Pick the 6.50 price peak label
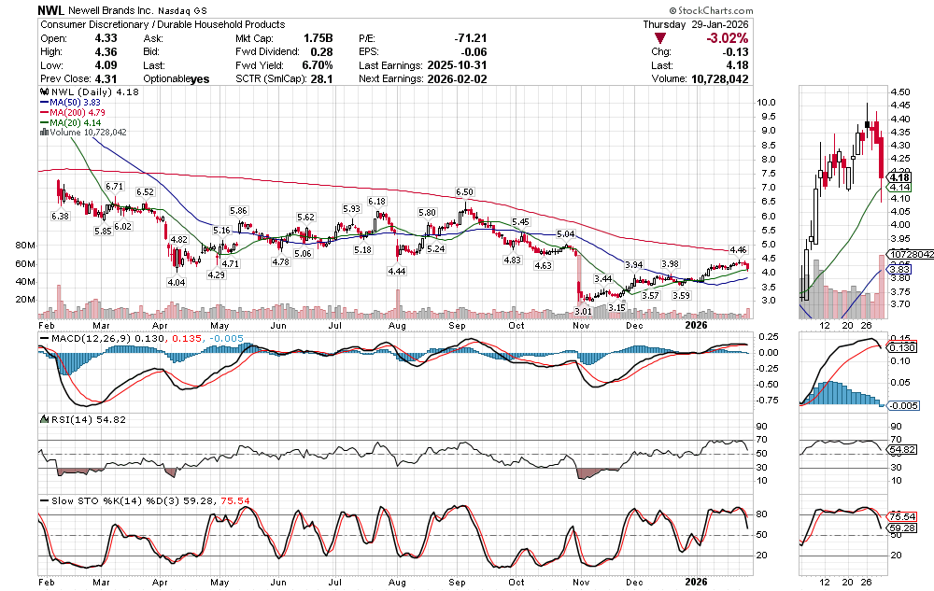[464, 191]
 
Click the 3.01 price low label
[583, 311]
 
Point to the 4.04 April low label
[176, 281]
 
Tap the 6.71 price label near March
[115, 187]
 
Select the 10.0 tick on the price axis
[768, 102]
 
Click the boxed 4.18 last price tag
[900, 177]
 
